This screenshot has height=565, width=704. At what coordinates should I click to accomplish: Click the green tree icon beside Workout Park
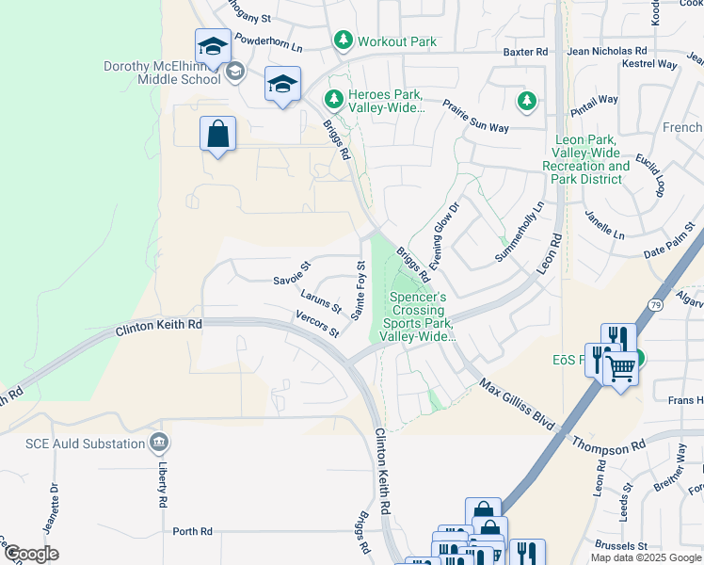pos(344,40)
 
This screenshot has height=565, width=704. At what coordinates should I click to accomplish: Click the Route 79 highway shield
pos(655,304)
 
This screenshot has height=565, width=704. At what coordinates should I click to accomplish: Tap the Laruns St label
pos(321,302)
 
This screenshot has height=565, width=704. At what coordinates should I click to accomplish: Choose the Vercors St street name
pos(316,323)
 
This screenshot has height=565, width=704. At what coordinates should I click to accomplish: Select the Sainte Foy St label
pos(359,290)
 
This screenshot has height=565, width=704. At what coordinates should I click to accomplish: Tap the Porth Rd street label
pos(192,531)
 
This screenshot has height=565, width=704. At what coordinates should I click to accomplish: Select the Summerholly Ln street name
pos(520,232)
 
